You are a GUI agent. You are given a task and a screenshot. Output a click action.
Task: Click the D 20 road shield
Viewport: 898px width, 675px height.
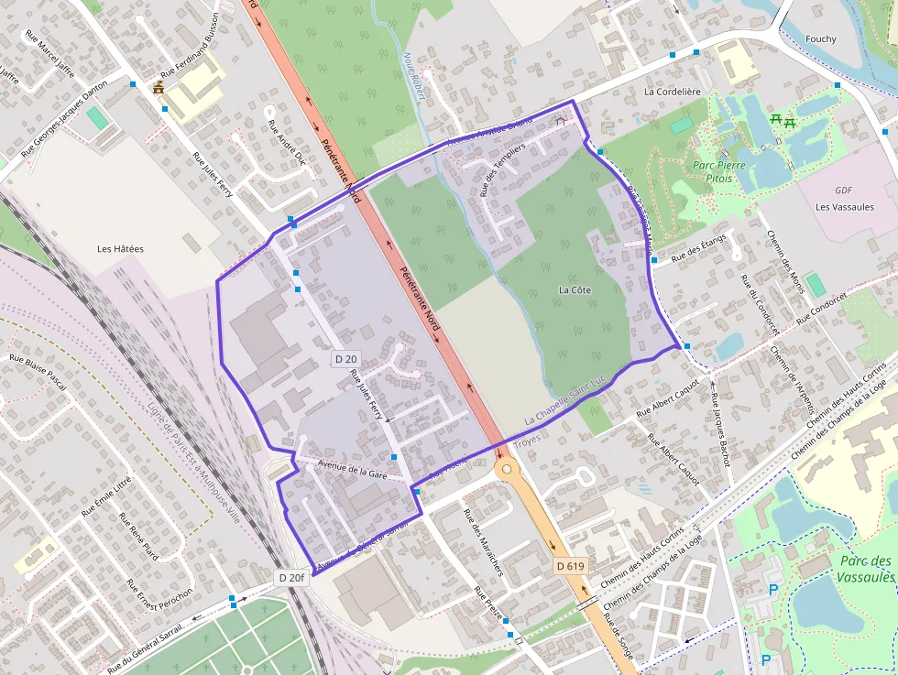(x=345, y=360)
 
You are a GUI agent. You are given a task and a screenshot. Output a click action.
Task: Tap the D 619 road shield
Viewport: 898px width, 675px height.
(x=569, y=566)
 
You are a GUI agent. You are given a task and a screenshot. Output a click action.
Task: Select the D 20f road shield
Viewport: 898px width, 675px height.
(x=290, y=578)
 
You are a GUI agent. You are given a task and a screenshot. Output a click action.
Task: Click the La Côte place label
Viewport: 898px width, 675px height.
(x=575, y=290)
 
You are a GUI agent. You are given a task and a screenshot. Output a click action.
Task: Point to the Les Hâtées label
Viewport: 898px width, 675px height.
(x=120, y=248)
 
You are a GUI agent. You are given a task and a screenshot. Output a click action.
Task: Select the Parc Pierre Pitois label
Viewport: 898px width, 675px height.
(x=719, y=172)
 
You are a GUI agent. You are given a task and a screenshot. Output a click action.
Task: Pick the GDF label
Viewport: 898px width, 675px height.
(x=844, y=191)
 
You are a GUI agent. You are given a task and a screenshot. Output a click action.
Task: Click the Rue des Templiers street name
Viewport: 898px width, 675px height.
(x=502, y=169)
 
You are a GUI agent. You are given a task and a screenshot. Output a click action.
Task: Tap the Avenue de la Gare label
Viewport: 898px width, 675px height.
(x=352, y=469)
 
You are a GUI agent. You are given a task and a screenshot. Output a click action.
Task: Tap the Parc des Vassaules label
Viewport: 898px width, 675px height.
(x=864, y=569)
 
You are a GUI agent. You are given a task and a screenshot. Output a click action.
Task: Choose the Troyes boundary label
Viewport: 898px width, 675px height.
(x=527, y=441)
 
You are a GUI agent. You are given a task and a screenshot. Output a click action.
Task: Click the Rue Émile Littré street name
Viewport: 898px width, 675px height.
(x=106, y=495)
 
